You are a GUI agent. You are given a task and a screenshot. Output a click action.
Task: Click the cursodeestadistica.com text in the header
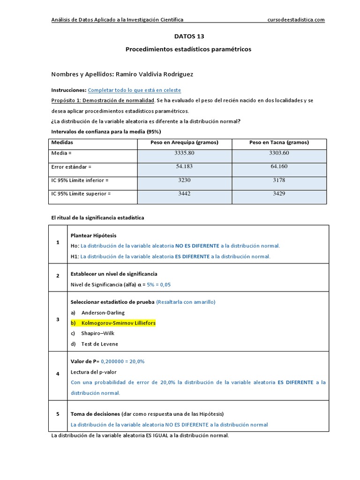(296, 20)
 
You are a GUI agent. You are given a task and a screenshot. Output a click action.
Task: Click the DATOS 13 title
(189, 36)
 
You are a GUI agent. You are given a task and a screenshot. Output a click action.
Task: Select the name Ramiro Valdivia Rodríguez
(154, 75)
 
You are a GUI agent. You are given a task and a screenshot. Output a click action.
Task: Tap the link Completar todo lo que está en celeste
(134, 90)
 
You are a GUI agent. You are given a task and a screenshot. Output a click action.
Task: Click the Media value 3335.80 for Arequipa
(184, 153)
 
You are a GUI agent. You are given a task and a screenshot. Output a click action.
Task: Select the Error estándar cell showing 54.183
(184, 166)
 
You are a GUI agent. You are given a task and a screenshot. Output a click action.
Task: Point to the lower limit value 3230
(184, 180)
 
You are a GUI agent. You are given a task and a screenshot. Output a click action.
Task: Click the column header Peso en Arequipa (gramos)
(184, 142)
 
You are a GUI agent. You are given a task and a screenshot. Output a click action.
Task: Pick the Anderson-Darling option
(103, 313)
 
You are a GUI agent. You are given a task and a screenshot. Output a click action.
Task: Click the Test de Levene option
(99, 344)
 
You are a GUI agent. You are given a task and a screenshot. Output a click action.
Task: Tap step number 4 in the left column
(58, 374)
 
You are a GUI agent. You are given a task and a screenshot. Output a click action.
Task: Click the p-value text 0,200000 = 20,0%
(123, 361)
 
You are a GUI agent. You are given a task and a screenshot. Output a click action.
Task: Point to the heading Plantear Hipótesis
(93, 235)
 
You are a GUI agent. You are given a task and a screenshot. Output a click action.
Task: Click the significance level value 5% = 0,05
(159, 285)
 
